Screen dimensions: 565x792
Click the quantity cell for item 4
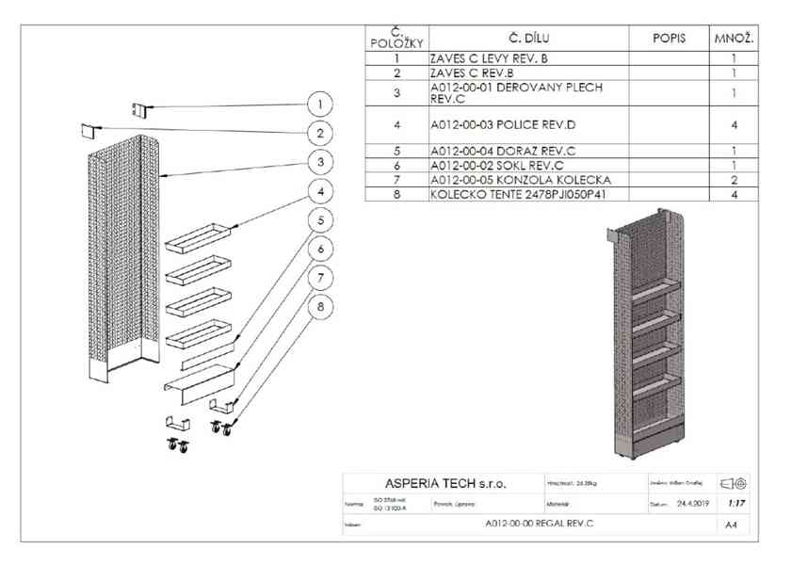734,124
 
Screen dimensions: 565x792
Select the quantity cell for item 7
734,179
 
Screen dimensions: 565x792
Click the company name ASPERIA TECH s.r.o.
444,484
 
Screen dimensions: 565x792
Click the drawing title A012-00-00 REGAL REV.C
539,524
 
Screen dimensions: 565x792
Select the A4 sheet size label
733,525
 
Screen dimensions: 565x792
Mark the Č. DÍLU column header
528,38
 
